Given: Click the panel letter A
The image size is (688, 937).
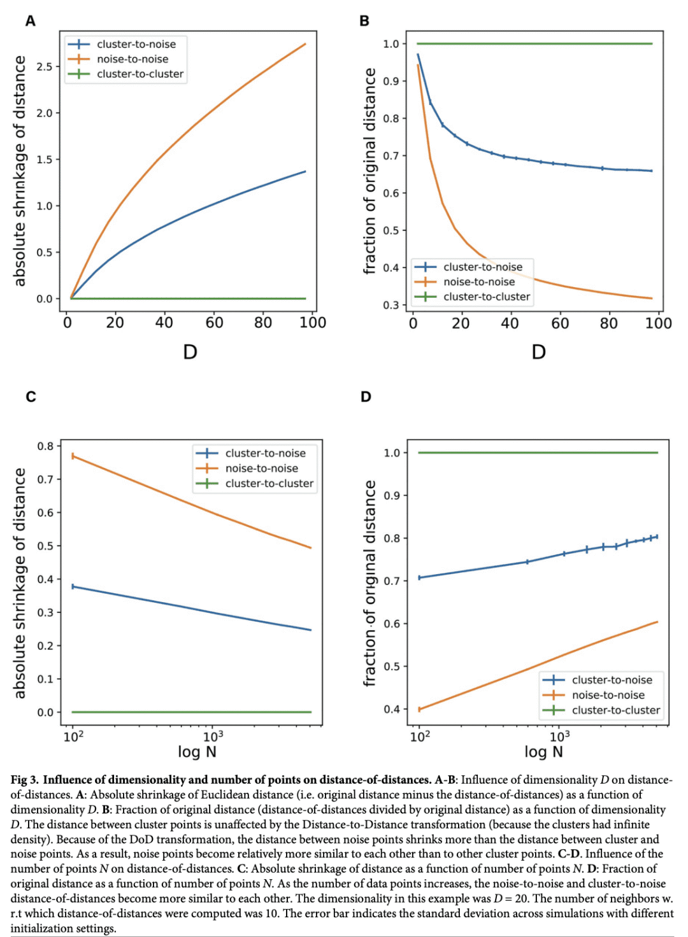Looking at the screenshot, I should [x=30, y=21].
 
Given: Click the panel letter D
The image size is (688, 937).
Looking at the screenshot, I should [x=366, y=397].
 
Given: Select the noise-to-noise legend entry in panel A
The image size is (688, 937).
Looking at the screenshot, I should [x=133, y=59].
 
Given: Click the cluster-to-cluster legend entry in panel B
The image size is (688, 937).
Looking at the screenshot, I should [x=487, y=297].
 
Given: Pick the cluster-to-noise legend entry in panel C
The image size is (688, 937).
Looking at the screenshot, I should [x=265, y=453].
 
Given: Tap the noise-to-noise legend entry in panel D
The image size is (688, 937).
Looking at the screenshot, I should [x=608, y=695].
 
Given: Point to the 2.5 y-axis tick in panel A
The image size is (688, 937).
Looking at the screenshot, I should [x=44, y=66].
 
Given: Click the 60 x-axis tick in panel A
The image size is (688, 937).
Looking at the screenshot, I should [x=214, y=323].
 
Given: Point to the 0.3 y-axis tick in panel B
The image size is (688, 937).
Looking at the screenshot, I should [x=391, y=305].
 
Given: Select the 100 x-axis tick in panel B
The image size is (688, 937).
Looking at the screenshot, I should [x=658, y=323].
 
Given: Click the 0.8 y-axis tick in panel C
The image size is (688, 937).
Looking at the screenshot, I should [x=45, y=446].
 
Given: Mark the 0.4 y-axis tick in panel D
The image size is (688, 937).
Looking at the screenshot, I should [x=391, y=709].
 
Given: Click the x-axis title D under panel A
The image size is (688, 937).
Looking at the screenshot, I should [x=190, y=352].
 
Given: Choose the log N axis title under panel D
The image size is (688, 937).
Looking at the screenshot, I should [x=543, y=752].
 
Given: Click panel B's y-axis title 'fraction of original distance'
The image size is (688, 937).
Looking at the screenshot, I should [x=369, y=172].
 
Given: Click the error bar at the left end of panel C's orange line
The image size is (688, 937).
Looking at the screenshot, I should [x=73, y=456].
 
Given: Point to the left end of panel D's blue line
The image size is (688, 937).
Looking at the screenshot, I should [x=419, y=578].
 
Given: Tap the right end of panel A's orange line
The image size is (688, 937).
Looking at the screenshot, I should [x=306, y=44].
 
